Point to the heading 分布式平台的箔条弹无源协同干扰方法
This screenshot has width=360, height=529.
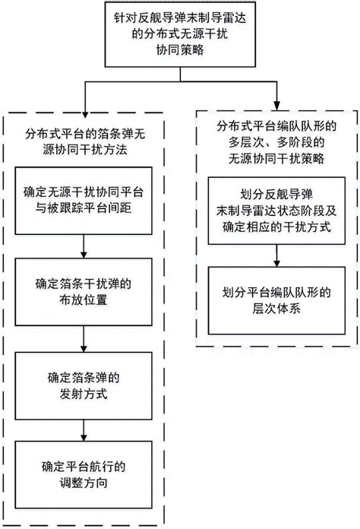[x=82, y=138]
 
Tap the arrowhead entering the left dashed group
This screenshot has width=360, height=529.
[x=82, y=109]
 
